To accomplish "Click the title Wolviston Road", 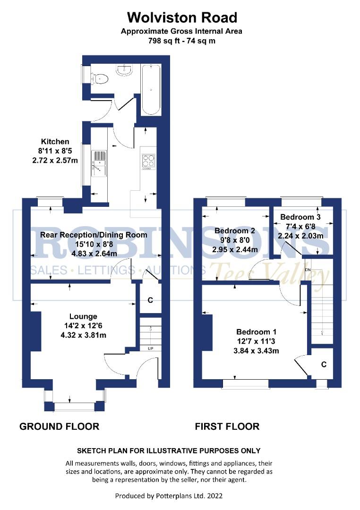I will click(182, 18).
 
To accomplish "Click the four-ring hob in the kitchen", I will click(148, 161).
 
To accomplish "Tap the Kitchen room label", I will click(55, 142).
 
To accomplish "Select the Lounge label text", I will click(83, 316).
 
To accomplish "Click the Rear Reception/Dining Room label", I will click(94, 235).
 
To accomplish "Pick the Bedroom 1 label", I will click(256, 331).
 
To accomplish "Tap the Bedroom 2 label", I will click(235, 231).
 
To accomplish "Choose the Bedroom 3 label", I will click(300, 217).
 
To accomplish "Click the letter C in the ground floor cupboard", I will click(150, 300).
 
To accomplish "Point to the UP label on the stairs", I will click(151, 349).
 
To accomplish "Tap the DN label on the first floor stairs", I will click(308, 270).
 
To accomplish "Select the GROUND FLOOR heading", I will click(59, 426).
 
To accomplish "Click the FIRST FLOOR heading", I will click(227, 426).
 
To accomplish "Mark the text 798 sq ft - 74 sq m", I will click(182, 41).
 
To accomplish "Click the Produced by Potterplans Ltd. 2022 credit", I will click(169, 496).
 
